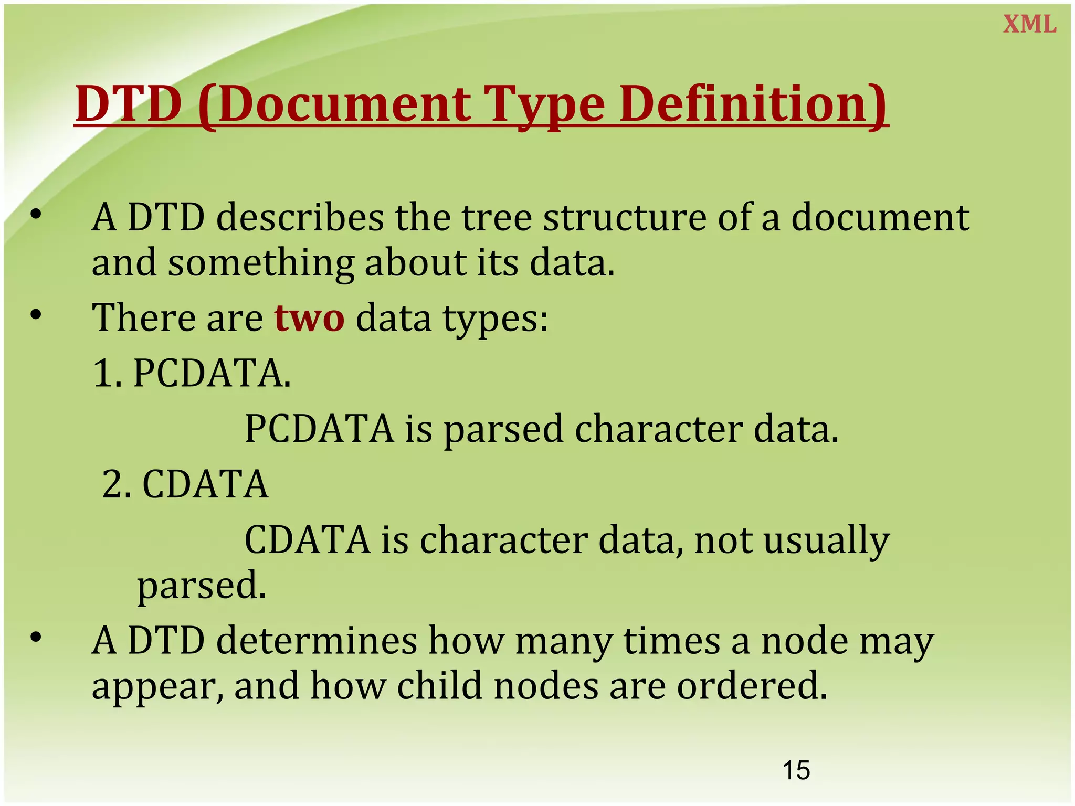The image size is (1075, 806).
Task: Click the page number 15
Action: tap(796, 770)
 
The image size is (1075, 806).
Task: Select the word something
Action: tap(261, 262)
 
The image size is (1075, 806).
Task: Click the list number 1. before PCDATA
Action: tap(108, 373)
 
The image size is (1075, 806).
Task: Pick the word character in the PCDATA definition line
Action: tap(658, 429)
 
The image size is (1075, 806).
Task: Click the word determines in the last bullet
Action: tap(317, 641)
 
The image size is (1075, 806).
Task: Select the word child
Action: tap(439, 686)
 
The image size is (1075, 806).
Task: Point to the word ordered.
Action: tap(752, 686)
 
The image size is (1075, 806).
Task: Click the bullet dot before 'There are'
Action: tap(36, 314)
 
